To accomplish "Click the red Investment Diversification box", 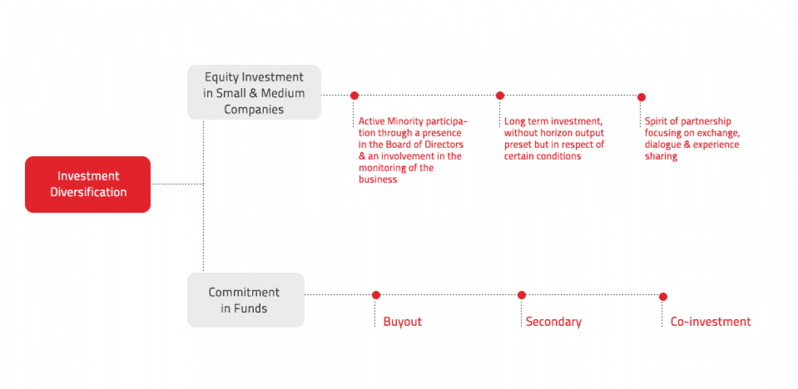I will (88, 184).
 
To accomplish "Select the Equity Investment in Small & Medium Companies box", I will (254, 93).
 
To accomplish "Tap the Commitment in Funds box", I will (245, 300).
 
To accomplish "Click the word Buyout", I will (402, 321).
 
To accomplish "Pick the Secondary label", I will (553, 321).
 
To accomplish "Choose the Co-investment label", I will (710, 321).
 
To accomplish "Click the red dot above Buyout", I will (376, 295).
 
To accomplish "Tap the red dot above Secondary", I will (521, 295).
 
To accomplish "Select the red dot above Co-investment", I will (663, 297).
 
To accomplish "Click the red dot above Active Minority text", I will (355, 96).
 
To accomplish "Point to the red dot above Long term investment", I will (500, 96).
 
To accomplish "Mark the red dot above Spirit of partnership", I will (642, 98).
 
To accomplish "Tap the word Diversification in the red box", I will (89, 192).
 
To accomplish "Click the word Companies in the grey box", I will (254, 109).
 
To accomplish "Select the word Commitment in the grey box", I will (244, 292).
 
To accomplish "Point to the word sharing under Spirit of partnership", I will (661, 156).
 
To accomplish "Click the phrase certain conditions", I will (543, 156).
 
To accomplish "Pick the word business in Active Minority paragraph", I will (378, 180).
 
